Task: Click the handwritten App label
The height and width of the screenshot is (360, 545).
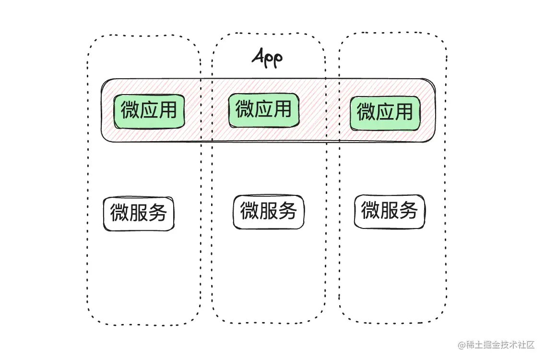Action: coord(267,58)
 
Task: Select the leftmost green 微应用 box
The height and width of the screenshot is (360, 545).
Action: coord(149,111)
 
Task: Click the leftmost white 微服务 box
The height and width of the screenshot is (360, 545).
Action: coord(139,213)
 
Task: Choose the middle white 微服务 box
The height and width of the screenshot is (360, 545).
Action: coord(269,211)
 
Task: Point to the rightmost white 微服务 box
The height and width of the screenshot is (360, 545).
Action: coord(390,211)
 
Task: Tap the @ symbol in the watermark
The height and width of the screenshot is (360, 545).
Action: coord(462,345)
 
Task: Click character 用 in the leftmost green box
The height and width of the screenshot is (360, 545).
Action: coord(168,111)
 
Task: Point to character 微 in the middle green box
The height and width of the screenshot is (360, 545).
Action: coord(245,109)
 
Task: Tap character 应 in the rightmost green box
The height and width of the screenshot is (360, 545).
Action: coord(385,112)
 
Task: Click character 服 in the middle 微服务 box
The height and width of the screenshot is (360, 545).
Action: coord(269,211)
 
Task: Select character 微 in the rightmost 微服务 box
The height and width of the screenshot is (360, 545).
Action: coord(371,211)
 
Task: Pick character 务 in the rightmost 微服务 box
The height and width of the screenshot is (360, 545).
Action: coord(408,211)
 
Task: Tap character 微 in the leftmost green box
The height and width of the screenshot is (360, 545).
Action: coord(130,111)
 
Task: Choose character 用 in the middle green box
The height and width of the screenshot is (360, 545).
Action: coord(282,109)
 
